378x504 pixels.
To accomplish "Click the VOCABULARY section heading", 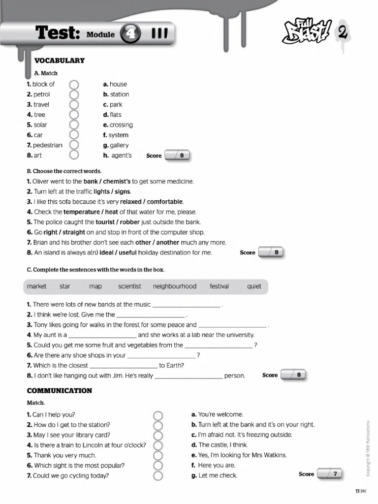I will tap(59, 61).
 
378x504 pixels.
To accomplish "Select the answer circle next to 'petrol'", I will tap(74, 94).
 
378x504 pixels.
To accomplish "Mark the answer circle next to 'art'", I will tap(74, 156).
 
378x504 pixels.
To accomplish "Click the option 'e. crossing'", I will tap(118, 125).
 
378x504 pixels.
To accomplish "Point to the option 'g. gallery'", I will tap(116, 145).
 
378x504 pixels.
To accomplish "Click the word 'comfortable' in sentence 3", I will tap(165, 202).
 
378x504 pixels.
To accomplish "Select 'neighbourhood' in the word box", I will tap(174, 286).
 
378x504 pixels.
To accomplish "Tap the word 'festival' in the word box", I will tap(219, 286).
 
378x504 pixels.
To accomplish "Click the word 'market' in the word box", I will tap(37, 286).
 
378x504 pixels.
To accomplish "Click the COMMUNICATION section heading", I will tap(59, 391).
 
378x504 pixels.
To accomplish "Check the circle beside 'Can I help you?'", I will tap(158, 415).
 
